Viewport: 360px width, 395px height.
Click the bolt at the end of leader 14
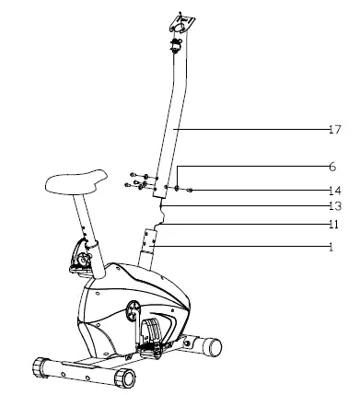[189, 191]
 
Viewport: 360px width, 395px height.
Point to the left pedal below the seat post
[80, 261]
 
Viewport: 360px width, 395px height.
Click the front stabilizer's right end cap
[123, 378]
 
